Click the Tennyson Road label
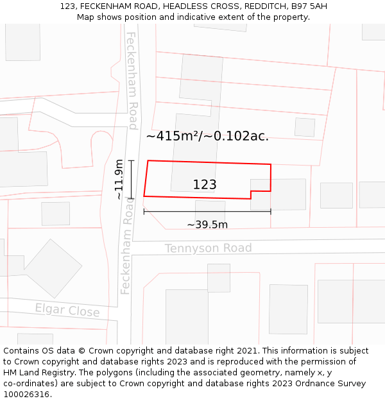tap(208, 248)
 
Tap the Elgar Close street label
tap(67, 311)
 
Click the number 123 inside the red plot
tap(205, 185)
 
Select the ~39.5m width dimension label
tap(207, 225)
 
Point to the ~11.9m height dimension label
tap(119, 180)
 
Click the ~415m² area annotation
tap(207, 136)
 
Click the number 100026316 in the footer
tap(27, 395)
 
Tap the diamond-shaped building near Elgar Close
tap(53, 268)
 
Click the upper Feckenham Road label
tap(132, 80)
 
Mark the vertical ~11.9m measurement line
tap(131, 179)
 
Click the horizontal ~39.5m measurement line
tap(207, 211)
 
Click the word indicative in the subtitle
tap(209, 17)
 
